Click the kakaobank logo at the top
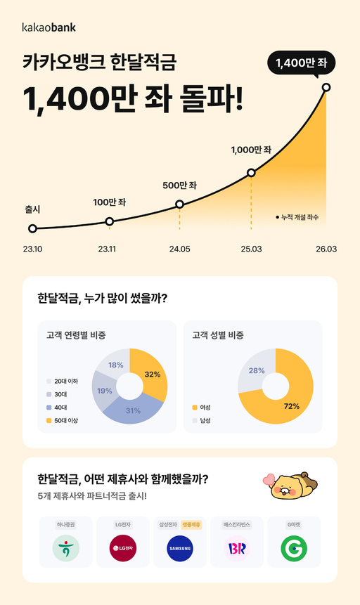tap(49, 27)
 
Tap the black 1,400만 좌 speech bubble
tap(301, 65)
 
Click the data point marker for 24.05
tap(179, 204)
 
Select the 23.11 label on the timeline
tap(107, 249)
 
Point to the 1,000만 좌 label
tap(250, 150)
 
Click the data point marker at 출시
tap(32, 228)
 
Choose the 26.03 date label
tap(327, 249)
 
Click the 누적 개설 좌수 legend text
tap(298, 217)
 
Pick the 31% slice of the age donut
tap(134, 410)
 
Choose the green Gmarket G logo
tap(294, 548)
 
